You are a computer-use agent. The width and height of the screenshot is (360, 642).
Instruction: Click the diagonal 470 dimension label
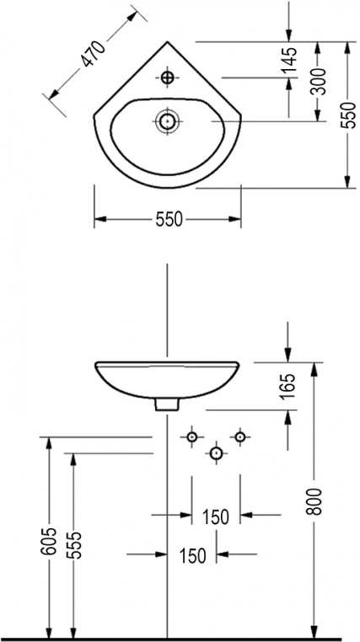pyautogui.click(x=93, y=54)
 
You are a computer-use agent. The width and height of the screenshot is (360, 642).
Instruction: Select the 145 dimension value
pyautogui.click(x=290, y=60)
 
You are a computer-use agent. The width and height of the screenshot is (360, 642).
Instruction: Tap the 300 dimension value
pyautogui.click(x=318, y=81)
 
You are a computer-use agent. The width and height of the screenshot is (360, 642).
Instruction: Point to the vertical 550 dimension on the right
pyautogui.click(x=348, y=115)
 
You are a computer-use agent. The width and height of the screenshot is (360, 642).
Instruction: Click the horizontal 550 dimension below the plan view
pyautogui.click(x=169, y=220)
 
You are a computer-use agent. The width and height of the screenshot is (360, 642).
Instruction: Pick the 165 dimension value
pyautogui.click(x=288, y=386)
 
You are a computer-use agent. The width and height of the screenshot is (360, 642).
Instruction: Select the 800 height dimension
pyautogui.click(x=315, y=501)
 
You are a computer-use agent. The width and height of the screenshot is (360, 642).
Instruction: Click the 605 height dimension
pyautogui.click(x=48, y=541)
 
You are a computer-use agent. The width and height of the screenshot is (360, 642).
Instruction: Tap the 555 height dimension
pyautogui.click(x=74, y=545)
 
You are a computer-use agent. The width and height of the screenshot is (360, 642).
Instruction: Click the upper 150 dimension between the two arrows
pyautogui.click(x=216, y=517)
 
